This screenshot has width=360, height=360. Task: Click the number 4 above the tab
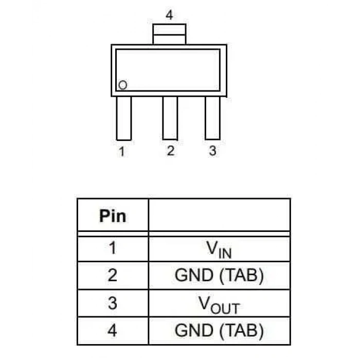(x=169, y=15)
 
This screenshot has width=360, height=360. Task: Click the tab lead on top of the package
(x=169, y=34)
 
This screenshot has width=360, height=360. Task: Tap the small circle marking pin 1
(x=122, y=85)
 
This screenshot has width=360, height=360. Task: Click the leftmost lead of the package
(x=124, y=118)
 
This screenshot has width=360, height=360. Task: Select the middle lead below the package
(x=170, y=118)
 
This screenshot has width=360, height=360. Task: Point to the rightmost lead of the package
(x=212, y=118)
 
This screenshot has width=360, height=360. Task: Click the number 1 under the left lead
(x=122, y=152)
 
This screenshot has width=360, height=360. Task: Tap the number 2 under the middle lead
(x=171, y=151)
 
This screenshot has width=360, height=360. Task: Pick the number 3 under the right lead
(x=212, y=151)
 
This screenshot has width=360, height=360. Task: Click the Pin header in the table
(x=113, y=217)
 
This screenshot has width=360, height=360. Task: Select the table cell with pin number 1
(x=113, y=248)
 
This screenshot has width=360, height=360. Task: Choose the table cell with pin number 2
(x=113, y=276)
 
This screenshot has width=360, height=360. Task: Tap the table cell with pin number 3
(x=113, y=303)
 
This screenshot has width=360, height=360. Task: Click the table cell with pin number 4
(x=113, y=331)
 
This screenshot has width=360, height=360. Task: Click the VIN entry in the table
(x=219, y=249)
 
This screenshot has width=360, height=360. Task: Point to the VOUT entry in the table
(x=219, y=304)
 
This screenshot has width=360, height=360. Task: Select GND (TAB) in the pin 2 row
(x=219, y=275)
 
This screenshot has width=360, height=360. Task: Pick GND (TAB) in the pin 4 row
(x=219, y=331)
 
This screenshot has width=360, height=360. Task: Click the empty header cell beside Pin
(x=220, y=215)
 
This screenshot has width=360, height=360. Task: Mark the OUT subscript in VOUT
(x=225, y=309)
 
